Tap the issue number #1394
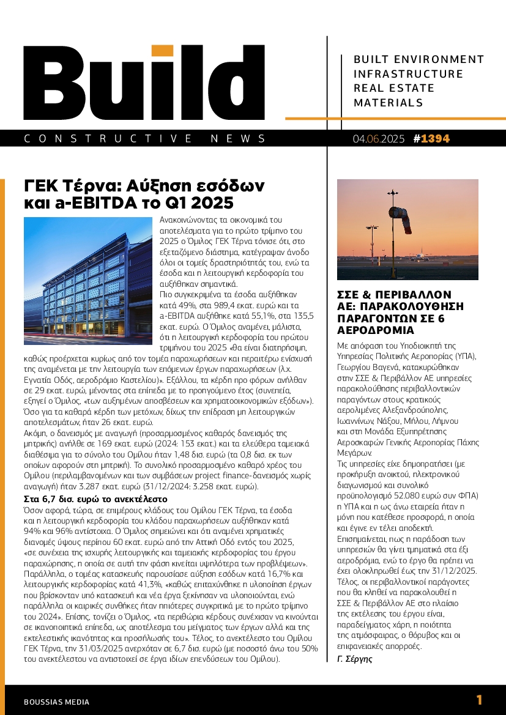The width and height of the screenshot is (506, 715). click(x=431, y=139)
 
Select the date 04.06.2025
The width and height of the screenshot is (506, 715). click(x=378, y=139)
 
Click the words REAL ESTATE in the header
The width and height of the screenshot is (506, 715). click(x=394, y=88)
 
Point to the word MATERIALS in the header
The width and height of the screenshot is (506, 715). click(x=388, y=103)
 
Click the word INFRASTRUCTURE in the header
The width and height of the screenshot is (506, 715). click(x=409, y=74)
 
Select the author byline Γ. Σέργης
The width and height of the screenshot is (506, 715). click(x=355, y=659)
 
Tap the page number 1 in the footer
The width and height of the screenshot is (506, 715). click(x=479, y=700)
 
